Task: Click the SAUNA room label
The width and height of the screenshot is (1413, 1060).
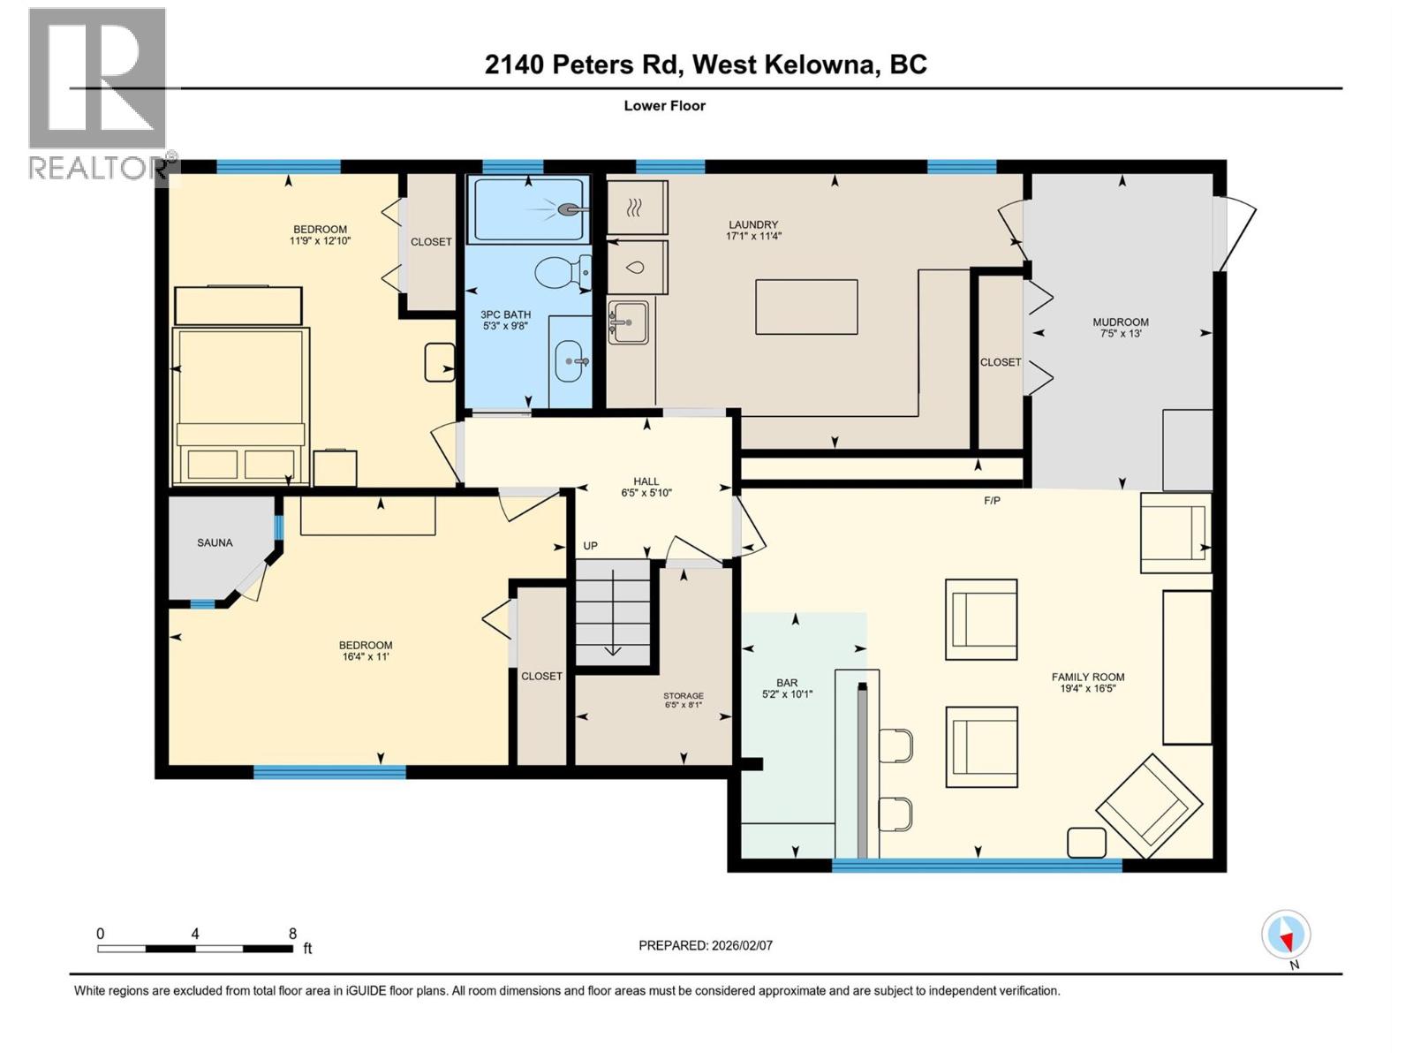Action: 215,542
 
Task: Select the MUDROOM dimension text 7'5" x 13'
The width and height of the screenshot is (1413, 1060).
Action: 1121,334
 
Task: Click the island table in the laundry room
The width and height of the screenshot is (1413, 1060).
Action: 806,307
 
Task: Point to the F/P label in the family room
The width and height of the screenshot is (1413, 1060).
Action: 992,501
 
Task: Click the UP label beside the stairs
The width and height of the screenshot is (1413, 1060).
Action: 590,546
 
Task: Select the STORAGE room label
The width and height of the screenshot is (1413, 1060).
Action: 684,695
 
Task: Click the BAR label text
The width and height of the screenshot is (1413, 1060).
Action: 787,682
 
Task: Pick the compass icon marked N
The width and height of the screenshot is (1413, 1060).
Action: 1286,935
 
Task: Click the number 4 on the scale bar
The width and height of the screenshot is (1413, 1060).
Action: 195,934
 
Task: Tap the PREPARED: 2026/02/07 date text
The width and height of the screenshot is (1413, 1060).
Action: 705,945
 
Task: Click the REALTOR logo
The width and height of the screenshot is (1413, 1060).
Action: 98,93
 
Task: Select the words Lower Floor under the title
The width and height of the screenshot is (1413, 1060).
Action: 664,105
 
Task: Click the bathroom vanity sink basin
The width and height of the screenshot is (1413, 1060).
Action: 569,361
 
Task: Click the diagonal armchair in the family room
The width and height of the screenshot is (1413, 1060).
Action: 1149,806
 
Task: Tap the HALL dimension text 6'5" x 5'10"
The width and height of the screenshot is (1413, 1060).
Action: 646,493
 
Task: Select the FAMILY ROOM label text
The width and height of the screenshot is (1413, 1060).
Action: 1087,677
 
